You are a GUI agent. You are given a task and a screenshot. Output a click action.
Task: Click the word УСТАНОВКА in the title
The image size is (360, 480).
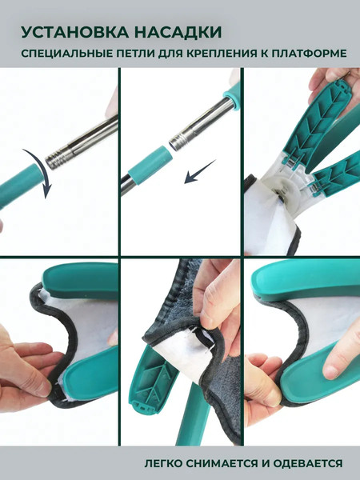point(75,32)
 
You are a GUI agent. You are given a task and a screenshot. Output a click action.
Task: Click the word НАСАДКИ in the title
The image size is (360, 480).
point(178,32)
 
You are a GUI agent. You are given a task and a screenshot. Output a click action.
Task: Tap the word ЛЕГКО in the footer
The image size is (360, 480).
point(163,463)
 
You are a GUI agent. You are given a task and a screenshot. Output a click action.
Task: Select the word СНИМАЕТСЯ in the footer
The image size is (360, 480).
point(224,463)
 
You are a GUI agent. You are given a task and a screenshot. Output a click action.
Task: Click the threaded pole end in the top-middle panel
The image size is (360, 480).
point(178,139)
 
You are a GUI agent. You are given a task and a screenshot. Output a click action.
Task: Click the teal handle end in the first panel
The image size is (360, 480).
point(20,186)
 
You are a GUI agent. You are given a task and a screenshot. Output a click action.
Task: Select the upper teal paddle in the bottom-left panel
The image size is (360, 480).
point(80,281)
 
